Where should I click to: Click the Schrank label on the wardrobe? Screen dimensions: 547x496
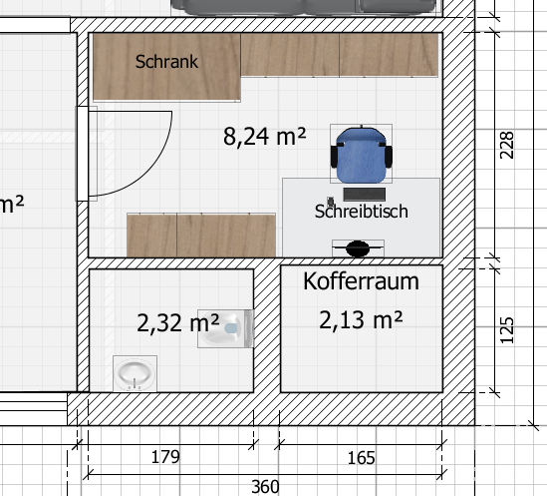point(166,62)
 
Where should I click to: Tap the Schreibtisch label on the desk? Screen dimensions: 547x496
point(361,212)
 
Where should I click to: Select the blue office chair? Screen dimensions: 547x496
point(361,154)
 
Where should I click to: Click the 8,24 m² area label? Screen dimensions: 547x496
point(264,137)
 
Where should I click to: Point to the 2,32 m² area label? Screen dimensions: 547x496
point(178,323)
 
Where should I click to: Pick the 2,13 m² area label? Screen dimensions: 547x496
point(361,319)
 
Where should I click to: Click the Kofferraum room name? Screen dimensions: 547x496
point(361,281)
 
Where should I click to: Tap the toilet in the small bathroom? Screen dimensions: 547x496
point(225,328)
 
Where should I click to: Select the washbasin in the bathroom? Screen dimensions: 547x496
point(135,373)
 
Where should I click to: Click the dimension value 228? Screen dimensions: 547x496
point(506,145)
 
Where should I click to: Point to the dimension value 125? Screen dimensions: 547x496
point(506,330)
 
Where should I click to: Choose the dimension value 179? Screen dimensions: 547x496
point(165,457)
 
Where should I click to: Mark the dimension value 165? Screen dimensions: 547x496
point(361,458)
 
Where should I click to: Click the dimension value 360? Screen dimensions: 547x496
point(265,487)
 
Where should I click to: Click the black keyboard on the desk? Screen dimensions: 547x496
point(365,195)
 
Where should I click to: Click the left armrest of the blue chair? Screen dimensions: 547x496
point(334,157)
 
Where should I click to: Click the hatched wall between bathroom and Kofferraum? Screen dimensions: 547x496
point(267,328)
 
